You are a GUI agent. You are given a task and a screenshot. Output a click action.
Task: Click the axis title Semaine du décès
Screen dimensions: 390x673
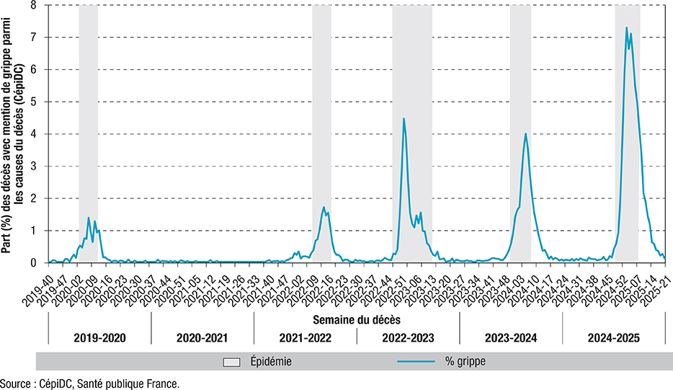(x=357, y=317)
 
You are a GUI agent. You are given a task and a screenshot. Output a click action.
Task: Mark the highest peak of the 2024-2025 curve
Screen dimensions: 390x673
(x=626, y=27)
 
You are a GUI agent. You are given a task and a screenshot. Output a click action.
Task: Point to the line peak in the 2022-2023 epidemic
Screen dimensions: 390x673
(x=404, y=118)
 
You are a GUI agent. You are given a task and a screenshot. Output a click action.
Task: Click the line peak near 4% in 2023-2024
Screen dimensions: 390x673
(x=526, y=133)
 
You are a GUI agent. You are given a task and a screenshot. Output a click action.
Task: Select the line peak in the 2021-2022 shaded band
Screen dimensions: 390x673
(x=324, y=208)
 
